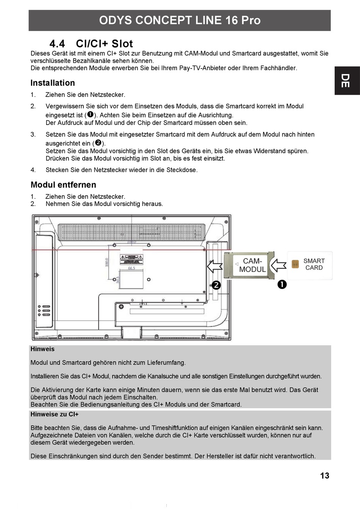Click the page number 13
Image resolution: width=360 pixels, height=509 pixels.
325,476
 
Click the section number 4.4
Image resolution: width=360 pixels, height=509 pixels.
57,44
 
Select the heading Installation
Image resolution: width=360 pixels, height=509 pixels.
53,83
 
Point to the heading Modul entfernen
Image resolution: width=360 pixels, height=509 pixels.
63,185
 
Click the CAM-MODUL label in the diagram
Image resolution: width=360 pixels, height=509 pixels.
252,265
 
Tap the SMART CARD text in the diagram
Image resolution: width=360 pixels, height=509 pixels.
314,264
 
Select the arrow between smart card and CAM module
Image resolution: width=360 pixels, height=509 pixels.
279,265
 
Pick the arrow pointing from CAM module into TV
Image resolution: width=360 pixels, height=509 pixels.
215,265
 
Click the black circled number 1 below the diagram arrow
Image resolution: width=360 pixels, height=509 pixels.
282,284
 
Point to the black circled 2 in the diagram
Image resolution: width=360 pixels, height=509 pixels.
216,285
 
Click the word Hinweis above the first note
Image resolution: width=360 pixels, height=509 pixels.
42,349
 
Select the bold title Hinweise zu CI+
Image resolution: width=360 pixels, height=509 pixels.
55,414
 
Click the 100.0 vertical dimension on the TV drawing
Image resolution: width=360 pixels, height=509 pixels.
107,262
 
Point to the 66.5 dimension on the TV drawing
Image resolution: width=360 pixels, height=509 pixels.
131,268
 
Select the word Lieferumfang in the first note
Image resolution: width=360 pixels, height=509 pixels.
166,362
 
